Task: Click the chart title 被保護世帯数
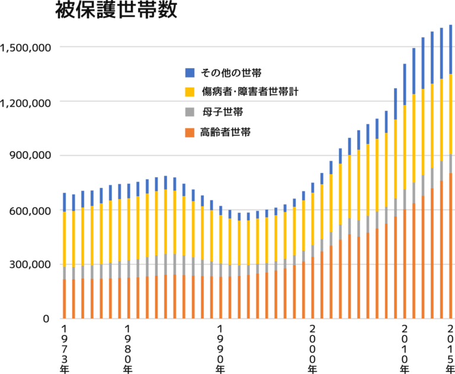pyautogui.click(x=116, y=12)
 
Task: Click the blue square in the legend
pyautogui.click(x=190, y=73)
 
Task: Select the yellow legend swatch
pyautogui.click(x=190, y=92)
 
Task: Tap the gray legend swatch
pyautogui.click(x=190, y=112)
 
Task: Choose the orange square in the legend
pyautogui.click(x=190, y=132)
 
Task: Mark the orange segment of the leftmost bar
pyautogui.click(x=65, y=299)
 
